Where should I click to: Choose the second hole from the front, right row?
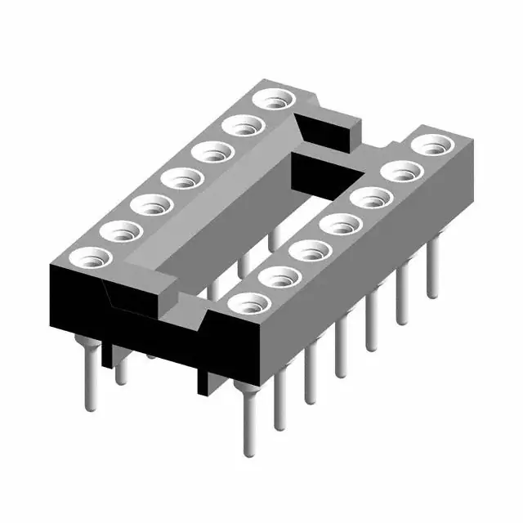pos(275,277)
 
